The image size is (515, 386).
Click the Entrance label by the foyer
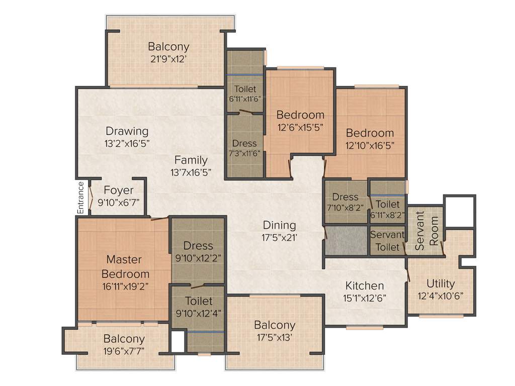81,198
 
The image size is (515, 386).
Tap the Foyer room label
119,190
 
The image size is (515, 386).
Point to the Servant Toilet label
387,241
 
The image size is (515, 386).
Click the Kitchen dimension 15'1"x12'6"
365,297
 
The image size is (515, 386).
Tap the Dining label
279,225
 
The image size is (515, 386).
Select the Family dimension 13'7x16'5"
190,172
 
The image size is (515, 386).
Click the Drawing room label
127,131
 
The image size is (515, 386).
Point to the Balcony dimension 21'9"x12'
168,58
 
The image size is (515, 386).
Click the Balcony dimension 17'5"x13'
274,337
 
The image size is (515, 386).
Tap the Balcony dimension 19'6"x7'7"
124,351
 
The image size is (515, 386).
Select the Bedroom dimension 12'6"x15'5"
300,127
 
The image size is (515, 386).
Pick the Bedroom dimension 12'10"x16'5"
370,145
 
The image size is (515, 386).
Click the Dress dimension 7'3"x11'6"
244,154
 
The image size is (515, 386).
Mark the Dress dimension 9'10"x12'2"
198,258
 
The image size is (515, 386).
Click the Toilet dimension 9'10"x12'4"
198,313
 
